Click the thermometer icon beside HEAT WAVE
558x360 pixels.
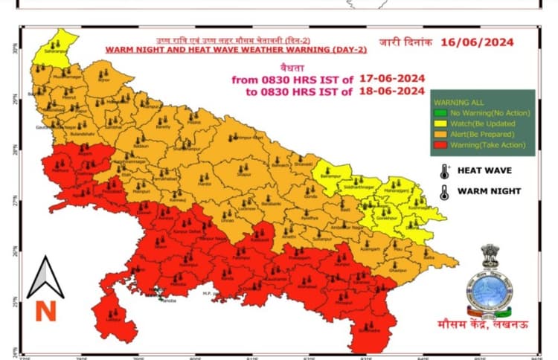point(444,170)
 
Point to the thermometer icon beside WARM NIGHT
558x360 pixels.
point(444,191)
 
